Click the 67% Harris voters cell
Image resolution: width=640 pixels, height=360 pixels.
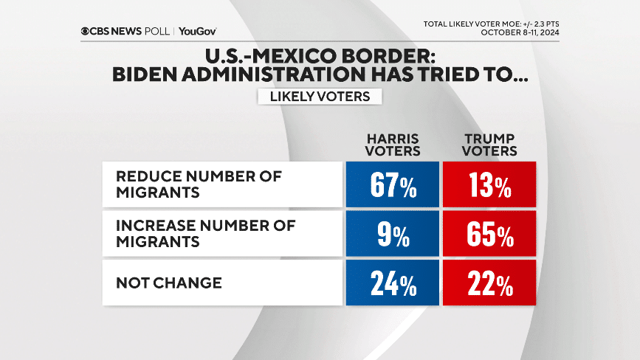pyautogui.click(x=393, y=184)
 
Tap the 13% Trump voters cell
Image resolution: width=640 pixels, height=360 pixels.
pyautogui.click(x=489, y=184)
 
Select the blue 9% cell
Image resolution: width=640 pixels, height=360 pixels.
pyautogui.click(x=393, y=233)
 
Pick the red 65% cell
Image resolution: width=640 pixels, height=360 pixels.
pyautogui.click(x=489, y=233)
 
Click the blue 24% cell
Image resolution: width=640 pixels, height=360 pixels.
pyautogui.click(x=393, y=282)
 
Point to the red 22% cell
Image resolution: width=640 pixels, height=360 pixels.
pyautogui.click(x=489, y=282)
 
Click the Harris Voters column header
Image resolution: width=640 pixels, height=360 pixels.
pyautogui.click(x=393, y=144)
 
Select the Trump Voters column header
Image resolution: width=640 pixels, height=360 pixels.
pyautogui.click(x=489, y=144)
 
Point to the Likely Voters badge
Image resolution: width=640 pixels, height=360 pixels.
pyautogui.click(x=320, y=96)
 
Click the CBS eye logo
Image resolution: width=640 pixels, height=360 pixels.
pyautogui.click(x=86, y=31)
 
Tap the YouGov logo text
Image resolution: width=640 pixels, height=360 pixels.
pyautogui.click(x=198, y=31)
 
